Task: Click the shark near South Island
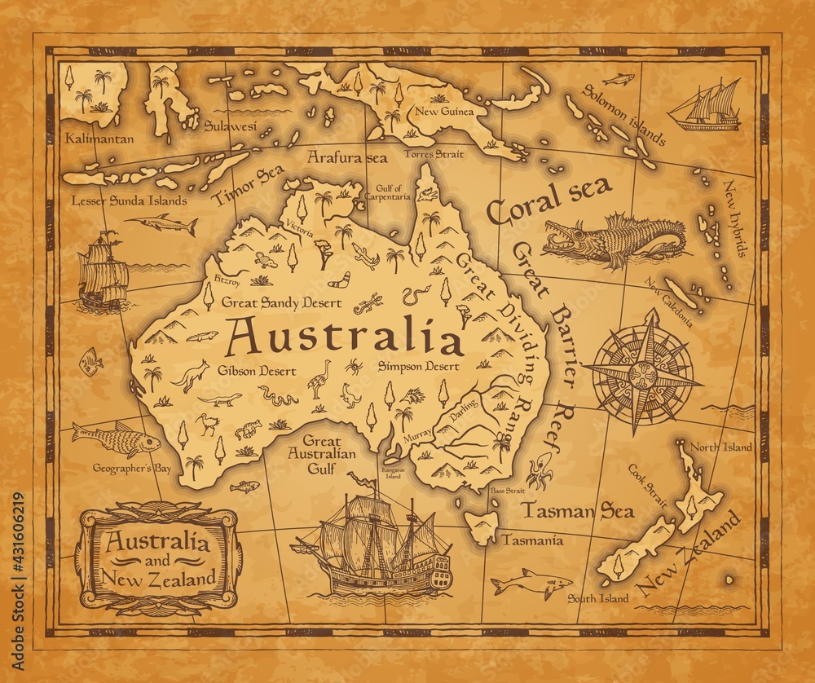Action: coord(531,584)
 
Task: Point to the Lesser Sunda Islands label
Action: coord(117,200)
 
